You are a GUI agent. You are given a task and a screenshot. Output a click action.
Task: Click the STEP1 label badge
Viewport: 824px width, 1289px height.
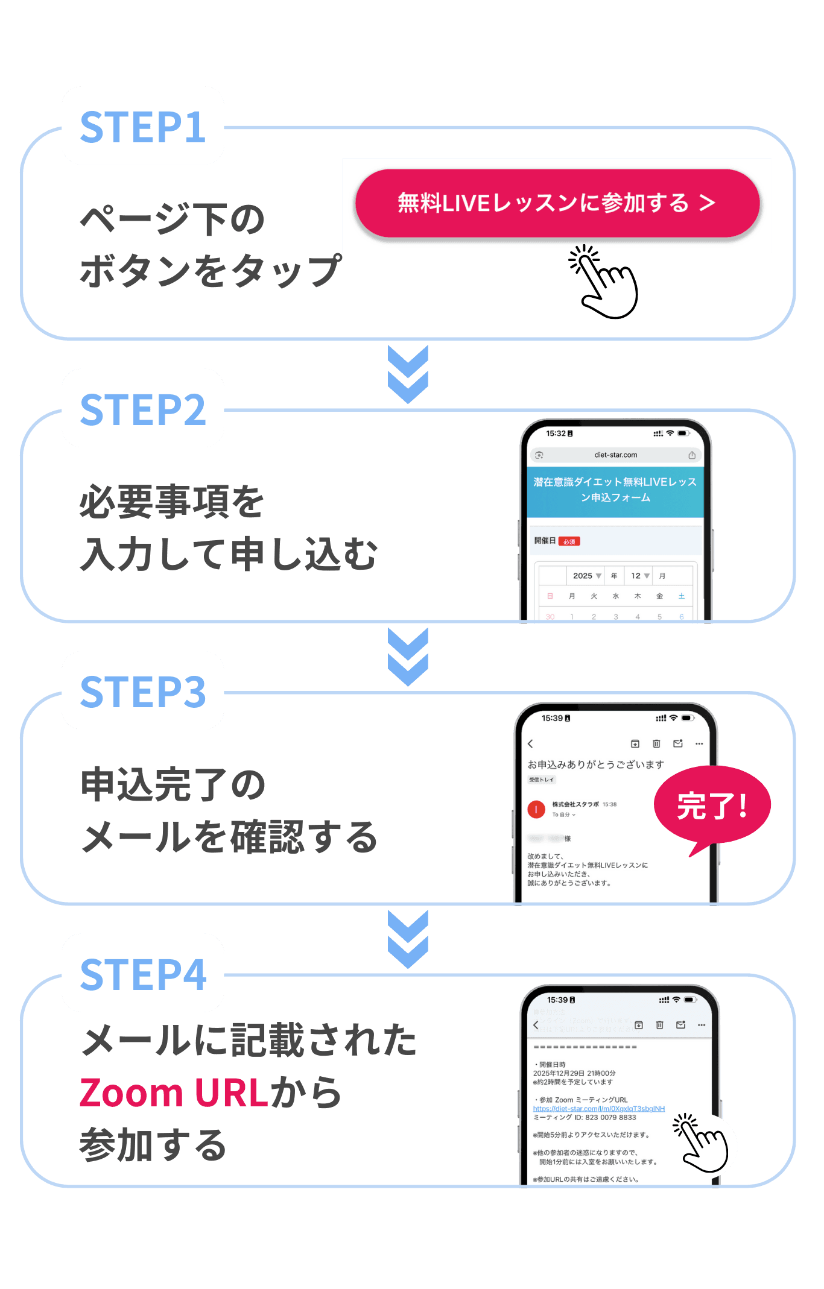coord(143,126)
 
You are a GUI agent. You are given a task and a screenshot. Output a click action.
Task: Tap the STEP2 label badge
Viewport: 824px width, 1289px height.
coord(143,408)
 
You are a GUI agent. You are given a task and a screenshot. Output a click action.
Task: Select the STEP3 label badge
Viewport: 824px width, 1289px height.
coord(143,690)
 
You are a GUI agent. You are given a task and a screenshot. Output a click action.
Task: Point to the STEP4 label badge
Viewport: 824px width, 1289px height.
coord(143,973)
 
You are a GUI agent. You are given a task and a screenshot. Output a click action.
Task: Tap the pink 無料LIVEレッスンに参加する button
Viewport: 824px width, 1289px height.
coord(556,203)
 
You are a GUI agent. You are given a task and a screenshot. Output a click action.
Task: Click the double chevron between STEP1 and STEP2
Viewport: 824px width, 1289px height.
coord(408,374)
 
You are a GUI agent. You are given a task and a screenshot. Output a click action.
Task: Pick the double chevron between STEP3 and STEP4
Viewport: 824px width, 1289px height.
coord(408,939)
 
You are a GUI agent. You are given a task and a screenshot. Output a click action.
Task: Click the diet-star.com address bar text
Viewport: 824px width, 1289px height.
coord(615,455)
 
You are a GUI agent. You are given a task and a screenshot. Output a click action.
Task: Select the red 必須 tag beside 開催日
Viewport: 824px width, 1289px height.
coord(569,541)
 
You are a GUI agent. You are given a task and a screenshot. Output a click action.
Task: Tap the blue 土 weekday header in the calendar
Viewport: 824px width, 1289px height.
coord(681,596)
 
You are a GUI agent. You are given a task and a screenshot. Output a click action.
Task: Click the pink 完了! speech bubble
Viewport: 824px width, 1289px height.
coord(712,806)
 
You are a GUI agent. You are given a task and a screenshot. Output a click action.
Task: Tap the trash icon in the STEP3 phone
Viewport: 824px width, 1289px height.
coord(656,744)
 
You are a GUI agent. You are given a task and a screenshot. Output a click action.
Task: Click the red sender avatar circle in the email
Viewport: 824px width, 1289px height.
coord(536,809)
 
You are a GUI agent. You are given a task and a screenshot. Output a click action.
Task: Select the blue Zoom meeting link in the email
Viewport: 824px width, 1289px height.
coord(598,1109)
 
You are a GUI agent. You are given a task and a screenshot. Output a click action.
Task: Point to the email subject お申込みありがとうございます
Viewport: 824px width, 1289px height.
coord(595,764)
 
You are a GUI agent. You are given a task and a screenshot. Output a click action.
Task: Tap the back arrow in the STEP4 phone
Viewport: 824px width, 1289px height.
coord(536,1025)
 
